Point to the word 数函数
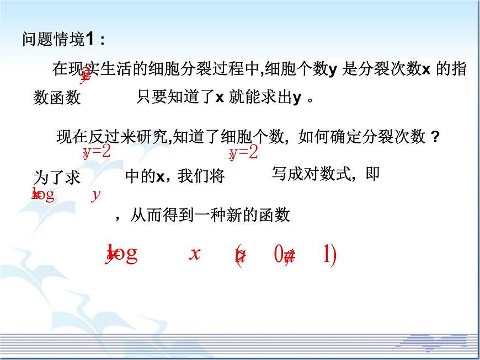(x=57, y=98)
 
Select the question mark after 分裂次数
(x=435, y=137)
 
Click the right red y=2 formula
(x=244, y=152)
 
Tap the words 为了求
(x=57, y=178)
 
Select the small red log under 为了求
(x=44, y=195)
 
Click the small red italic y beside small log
(x=95, y=195)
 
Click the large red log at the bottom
(x=122, y=254)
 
